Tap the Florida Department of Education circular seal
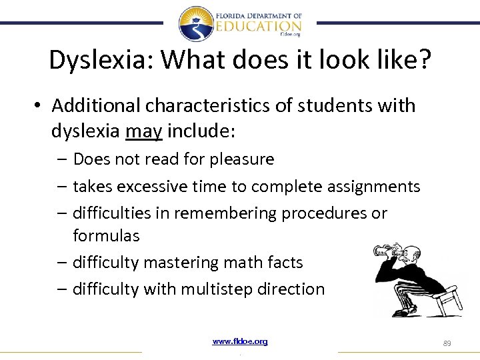click(196, 24)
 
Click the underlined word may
click(143, 131)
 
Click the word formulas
click(106, 236)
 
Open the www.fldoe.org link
click(240, 341)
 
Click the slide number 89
click(447, 343)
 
